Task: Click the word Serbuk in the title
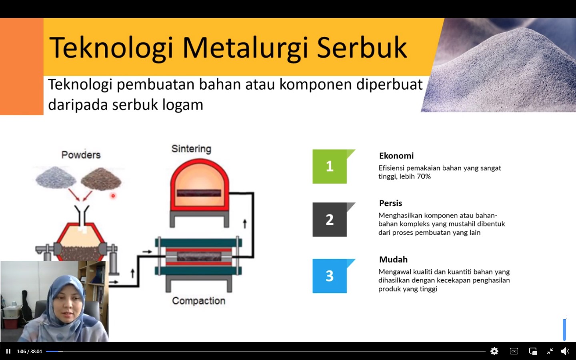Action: tap(362, 48)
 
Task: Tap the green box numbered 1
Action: tap(330, 166)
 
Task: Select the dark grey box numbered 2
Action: tap(330, 220)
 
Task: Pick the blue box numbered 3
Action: tap(330, 276)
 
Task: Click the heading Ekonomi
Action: tap(396, 156)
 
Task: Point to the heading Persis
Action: tap(390, 203)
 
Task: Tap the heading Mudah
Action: tap(393, 260)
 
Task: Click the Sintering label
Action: tap(191, 149)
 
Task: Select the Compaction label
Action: tap(198, 301)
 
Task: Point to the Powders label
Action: tap(81, 155)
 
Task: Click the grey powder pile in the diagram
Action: tap(56, 177)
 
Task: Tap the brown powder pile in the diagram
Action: tap(101, 179)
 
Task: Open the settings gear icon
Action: tap(494, 351)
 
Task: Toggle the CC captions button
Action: tap(514, 351)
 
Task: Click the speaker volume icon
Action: tap(565, 351)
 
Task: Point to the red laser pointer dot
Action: tap(113, 196)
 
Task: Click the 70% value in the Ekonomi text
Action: tap(423, 177)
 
